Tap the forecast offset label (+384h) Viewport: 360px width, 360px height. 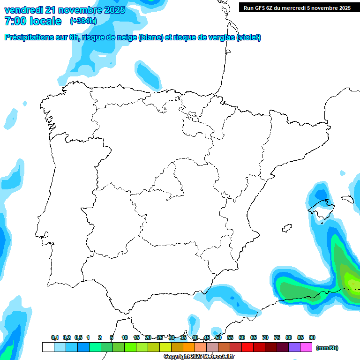[x=83, y=21]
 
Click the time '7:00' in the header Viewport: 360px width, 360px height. [x=15, y=21]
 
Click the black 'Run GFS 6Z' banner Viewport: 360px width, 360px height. [x=297, y=8]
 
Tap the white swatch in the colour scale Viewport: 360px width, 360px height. [x=48, y=347]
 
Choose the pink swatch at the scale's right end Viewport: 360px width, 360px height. [x=306, y=347]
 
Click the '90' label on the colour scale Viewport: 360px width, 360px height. [x=312, y=337]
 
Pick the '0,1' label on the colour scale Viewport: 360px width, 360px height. [x=55, y=337]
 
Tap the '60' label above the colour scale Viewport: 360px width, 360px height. [x=242, y=337]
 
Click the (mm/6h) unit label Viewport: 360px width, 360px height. [x=328, y=348]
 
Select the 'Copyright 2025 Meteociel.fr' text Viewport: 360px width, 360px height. [x=199, y=357]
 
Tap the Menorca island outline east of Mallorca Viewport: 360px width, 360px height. [x=347, y=199]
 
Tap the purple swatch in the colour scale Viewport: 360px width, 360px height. [x=294, y=347]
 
